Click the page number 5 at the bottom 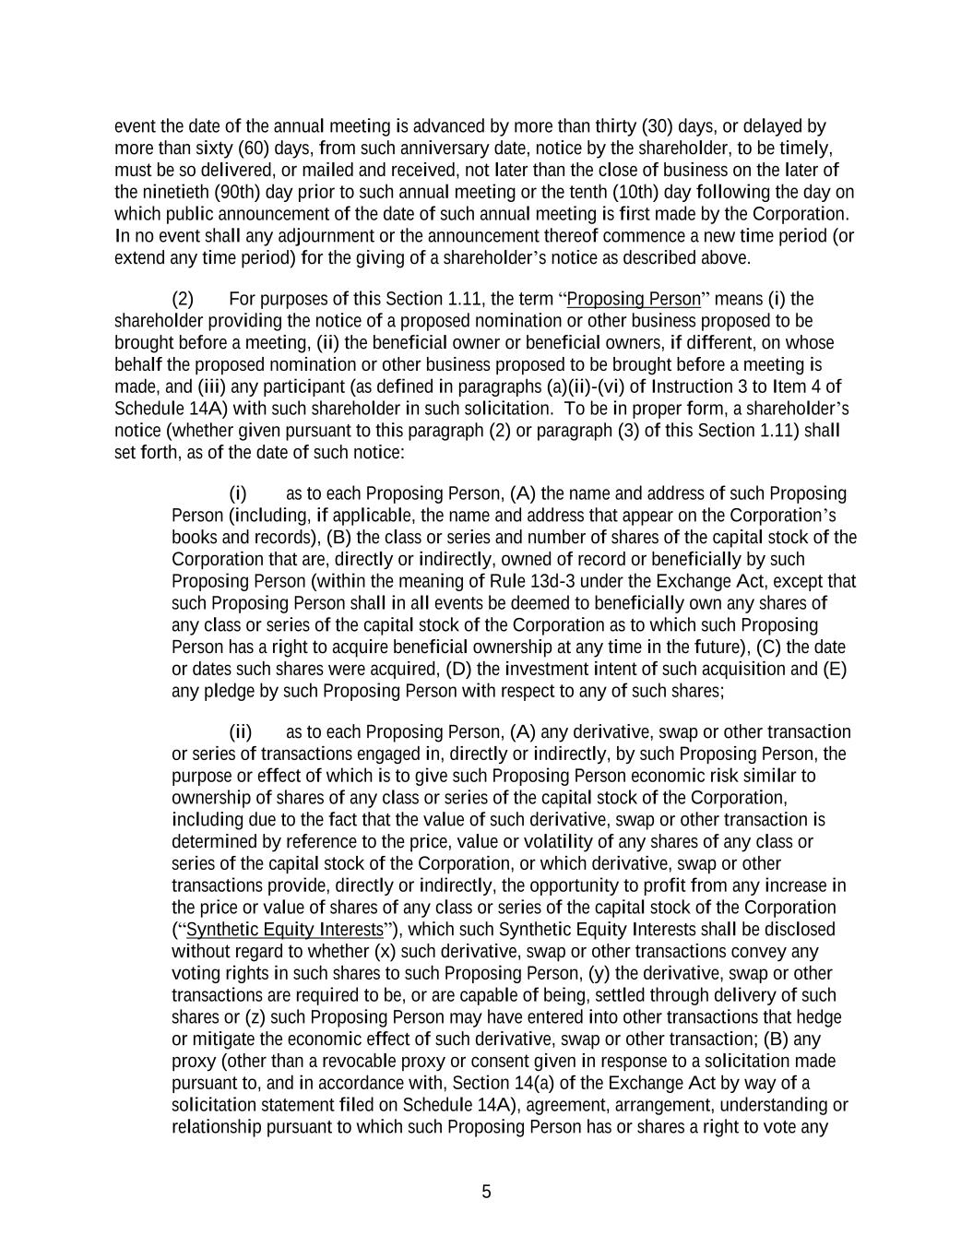[486, 1192]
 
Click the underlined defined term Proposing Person [634, 299]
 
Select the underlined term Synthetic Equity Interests [284, 930]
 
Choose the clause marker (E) [834, 669]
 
